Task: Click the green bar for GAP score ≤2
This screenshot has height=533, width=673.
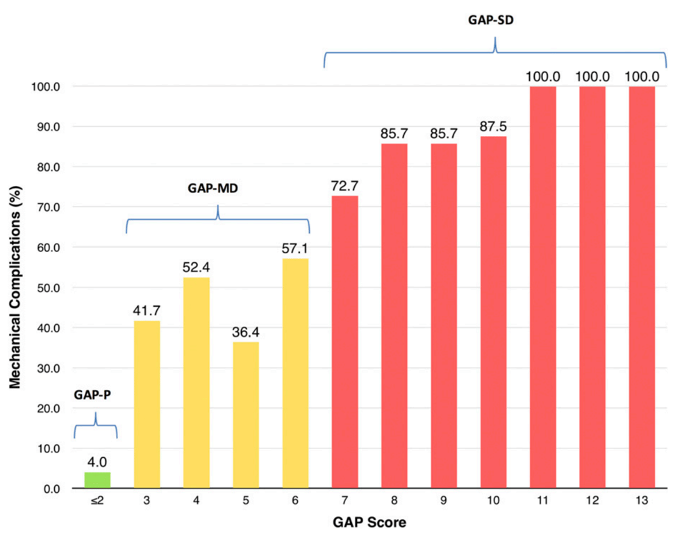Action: pos(97,480)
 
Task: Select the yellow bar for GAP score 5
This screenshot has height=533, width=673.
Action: pos(245,415)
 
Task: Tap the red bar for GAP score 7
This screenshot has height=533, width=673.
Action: pos(344,342)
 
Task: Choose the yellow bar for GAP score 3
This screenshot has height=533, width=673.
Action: pos(147,405)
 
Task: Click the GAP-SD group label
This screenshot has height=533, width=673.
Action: pos(495,21)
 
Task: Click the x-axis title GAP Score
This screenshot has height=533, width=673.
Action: pos(369,521)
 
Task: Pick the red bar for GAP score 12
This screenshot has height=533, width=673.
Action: pos(592,287)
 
